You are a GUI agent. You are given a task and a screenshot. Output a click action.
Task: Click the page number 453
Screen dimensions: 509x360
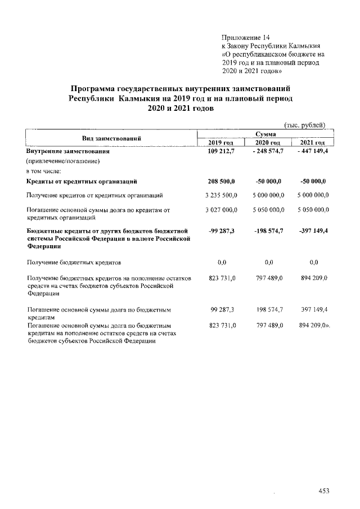pyautogui.click(x=323, y=491)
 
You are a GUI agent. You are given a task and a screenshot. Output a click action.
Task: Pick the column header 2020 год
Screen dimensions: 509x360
pyautogui.click(x=269, y=143)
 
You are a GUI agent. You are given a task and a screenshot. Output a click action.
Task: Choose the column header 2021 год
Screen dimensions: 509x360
pyautogui.click(x=314, y=143)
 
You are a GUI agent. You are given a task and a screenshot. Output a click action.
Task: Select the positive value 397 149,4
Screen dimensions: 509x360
pyautogui.click(x=314, y=309)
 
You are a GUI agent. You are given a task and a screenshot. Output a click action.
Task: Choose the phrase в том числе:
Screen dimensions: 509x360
pyautogui.click(x=47, y=170)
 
